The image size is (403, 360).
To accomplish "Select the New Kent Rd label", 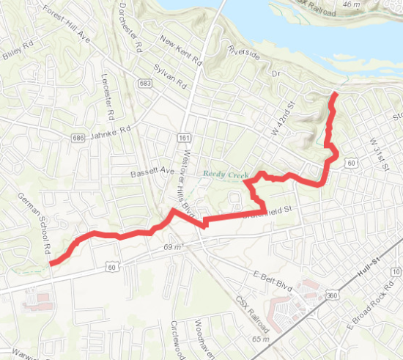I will pyautogui.click(x=180, y=51).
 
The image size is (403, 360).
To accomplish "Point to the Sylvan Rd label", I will pyautogui.click(x=170, y=76).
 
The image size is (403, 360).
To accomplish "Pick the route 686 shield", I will pyautogui.click(x=78, y=137).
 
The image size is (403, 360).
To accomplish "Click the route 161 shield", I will pyautogui.click(x=183, y=137).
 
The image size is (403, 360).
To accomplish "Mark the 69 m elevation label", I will pyautogui.click(x=172, y=248).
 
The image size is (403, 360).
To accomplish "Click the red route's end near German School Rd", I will pyautogui.click(x=51, y=262).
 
